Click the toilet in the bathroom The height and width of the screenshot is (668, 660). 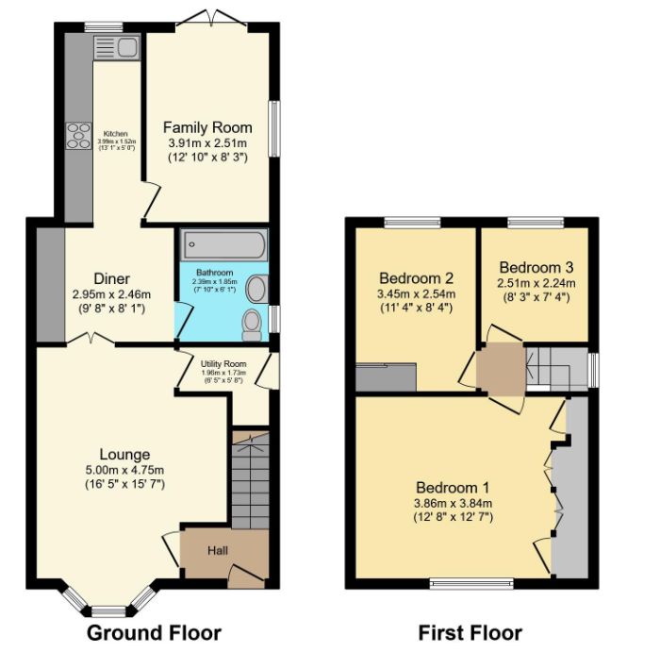(252, 324)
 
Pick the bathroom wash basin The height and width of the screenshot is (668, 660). (256, 289)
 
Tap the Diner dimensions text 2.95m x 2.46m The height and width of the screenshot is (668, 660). (111, 294)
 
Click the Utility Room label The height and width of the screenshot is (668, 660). (223, 363)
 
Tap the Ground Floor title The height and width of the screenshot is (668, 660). (155, 632)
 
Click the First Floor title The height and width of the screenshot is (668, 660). (470, 632)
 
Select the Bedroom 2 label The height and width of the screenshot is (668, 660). (417, 278)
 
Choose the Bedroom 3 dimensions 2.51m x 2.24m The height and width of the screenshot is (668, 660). (536, 282)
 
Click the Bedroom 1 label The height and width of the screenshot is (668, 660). (453, 488)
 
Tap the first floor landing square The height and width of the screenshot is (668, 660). (499, 369)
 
